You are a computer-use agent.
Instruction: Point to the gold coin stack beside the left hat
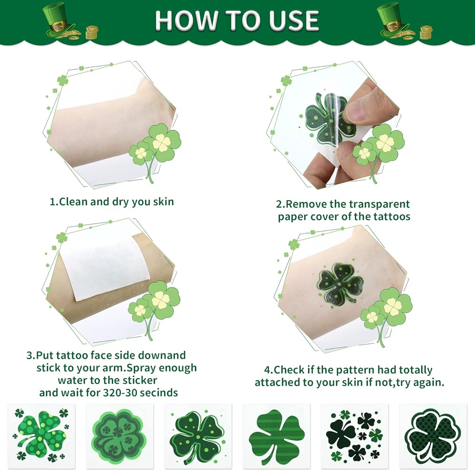pos(92,33)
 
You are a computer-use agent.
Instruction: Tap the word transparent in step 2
pos(379,204)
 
